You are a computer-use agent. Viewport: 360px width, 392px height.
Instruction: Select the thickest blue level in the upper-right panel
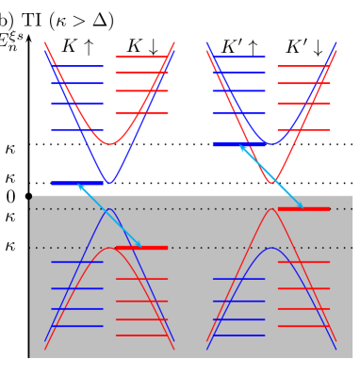coord(237,144)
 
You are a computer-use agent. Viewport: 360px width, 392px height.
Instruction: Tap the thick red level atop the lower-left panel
coord(141,248)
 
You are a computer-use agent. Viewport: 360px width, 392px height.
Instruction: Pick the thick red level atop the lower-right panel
coord(303,208)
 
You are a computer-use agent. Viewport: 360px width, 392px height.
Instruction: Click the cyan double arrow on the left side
coord(109,216)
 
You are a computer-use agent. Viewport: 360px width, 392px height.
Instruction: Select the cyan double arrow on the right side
coord(271,176)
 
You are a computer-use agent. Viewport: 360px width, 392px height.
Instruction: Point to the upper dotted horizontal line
coord(188,208)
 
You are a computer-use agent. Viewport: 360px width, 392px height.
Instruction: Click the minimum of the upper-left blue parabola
coord(109,183)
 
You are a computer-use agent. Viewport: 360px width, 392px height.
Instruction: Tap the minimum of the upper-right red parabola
coord(272,183)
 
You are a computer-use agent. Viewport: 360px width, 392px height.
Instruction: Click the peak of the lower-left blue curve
coord(109,209)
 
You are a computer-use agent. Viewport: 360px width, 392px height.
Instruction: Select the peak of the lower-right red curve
coord(272,208)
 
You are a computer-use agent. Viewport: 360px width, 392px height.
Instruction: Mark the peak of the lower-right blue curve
coord(271,248)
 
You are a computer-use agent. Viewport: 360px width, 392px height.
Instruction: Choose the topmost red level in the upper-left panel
coord(141,57)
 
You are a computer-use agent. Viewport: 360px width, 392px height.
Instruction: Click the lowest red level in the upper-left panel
coord(141,113)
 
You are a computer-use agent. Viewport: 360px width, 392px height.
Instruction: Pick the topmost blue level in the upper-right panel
coord(238,57)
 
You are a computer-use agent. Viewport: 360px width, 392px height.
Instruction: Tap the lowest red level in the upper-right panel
coord(303,130)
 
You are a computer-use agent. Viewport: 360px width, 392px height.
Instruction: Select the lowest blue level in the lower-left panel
coord(76,326)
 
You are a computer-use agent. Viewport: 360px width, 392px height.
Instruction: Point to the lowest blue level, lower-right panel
coord(238,335)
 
